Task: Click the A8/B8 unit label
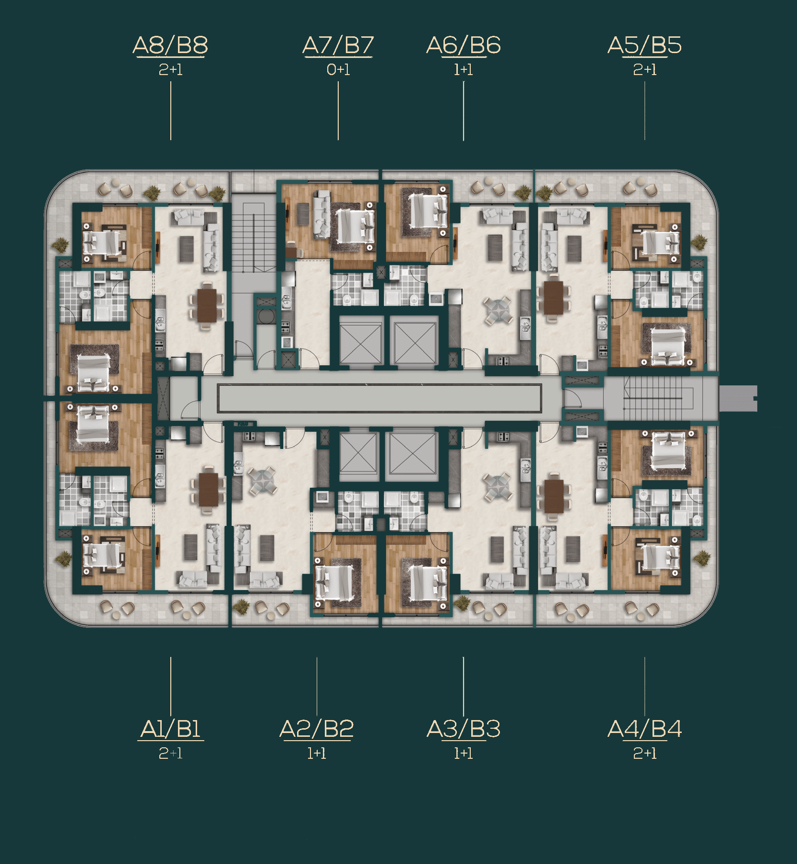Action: (x=170, y=45)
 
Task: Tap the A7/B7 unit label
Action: (x=338, y=45)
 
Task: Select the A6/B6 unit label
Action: (x=464, y=45)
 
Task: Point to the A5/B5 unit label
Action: (x=644, y=45)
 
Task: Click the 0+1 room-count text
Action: (x=338, y=70)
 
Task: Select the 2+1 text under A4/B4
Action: (x=645, y=754)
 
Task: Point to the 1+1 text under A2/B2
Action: (x=317, y=754)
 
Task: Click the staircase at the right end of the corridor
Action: (x=653, y=398)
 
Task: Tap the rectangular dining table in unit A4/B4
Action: (x=553, y=495)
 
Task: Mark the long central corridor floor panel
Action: (x=379, y=398)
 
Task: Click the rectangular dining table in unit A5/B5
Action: (x=553, y=297)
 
